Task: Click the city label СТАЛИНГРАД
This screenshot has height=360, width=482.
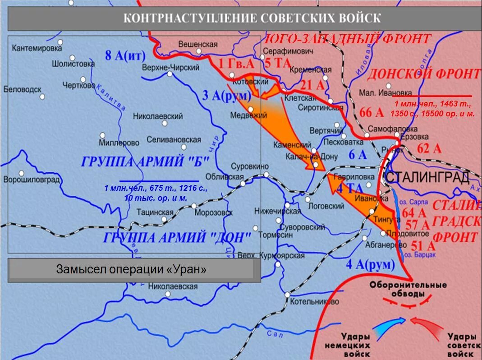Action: coord(427,177)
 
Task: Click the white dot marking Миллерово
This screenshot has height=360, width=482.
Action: coord(102,135)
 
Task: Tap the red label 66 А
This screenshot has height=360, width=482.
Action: coord(371,112)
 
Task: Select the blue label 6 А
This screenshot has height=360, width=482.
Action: coord(358,155)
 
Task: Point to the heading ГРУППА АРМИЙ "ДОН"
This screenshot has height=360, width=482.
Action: coord(177,238)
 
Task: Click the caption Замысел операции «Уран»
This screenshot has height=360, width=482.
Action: coord(131,270)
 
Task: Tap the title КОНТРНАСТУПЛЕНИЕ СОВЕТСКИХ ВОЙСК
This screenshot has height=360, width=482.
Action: coord(252,18)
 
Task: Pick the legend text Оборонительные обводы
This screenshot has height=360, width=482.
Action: coord(408,289)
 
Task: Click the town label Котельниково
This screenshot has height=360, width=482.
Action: coord(315,301)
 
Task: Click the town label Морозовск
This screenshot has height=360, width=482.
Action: coord(213,212)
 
